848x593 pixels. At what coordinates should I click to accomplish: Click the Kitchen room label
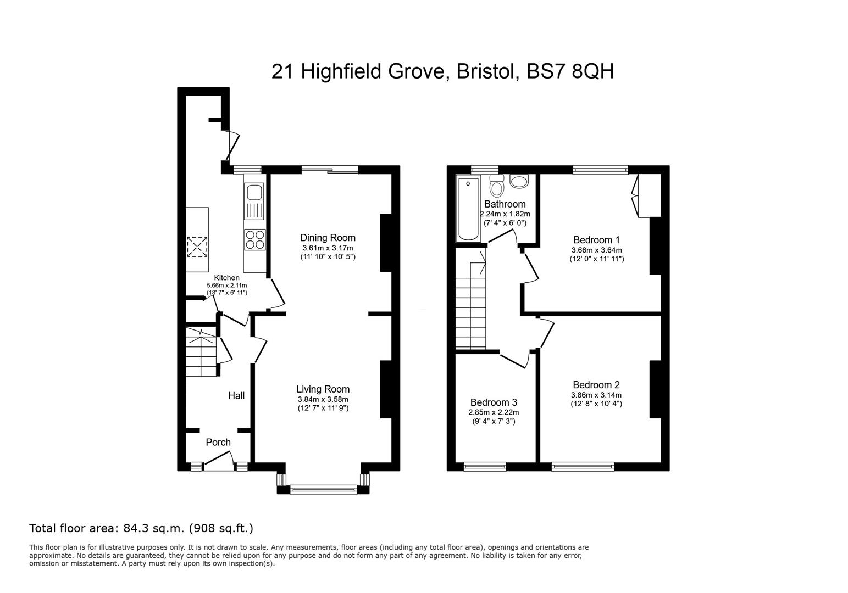(227, 278)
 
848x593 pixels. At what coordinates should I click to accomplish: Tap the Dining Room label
(328, 238)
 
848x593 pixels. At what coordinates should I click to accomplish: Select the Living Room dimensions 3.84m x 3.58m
(323, 399)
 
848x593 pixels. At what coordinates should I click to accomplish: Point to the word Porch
(218, 442)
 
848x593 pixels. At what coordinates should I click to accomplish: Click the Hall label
(236, 395)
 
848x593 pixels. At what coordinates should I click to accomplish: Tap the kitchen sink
(254, 202)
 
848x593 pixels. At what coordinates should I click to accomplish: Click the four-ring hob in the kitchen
(255, 239)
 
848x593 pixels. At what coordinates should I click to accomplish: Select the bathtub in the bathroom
(468, 209)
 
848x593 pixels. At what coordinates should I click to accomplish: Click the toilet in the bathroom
(496, 184)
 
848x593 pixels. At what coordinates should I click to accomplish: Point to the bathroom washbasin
(519, 181)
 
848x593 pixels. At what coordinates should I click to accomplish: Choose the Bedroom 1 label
(597, 240)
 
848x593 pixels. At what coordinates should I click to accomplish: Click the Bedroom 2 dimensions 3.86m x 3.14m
(596, 395)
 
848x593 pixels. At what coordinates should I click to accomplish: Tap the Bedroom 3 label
(494, 402)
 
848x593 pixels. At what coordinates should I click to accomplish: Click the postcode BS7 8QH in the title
(570, 71)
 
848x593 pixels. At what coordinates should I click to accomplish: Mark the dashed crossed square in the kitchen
(197, 247)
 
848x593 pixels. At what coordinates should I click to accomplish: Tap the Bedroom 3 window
(485, 467)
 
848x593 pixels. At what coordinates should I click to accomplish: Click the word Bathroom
(505, 204)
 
